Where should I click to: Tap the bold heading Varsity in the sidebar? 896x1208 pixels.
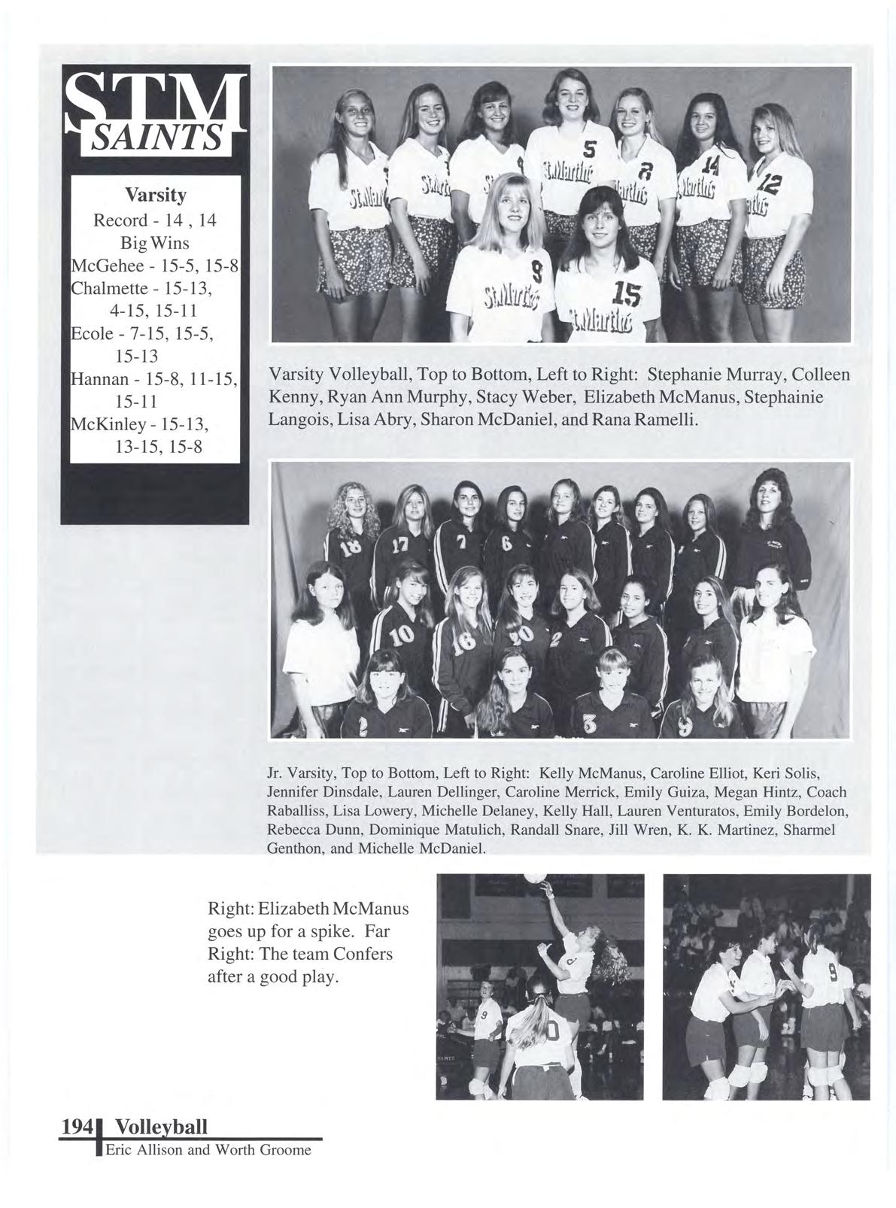[x=156, y=196]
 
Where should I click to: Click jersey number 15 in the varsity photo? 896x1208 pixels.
[x=626, y=296]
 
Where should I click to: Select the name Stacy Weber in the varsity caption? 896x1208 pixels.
[x=535, y=397]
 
